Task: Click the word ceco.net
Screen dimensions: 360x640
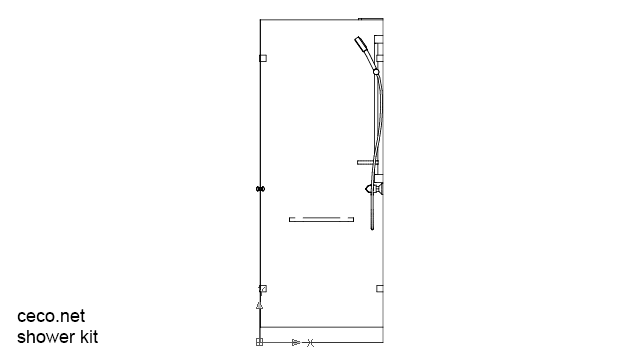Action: coord(51,316)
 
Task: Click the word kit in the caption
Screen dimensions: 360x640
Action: coord(88,337)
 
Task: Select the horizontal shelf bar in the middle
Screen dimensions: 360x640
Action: coord(321,218)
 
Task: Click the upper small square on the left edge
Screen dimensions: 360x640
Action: coord(263,59)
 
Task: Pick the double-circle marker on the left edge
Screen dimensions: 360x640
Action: coord(260,189)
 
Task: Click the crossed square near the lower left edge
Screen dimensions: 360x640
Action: coord(262,288)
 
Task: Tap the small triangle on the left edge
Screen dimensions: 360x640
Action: coord(259,303)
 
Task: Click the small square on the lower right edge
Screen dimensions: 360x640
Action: coord(380,288)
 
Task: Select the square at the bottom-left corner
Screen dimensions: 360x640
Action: coord(259,342)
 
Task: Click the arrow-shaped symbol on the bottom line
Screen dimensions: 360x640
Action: coord(295,342)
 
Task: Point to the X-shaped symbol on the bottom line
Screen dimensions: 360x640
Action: coord(310,342)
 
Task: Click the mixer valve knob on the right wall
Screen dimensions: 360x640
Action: coord(373,187)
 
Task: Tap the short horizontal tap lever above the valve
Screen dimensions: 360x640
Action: coord(366,161)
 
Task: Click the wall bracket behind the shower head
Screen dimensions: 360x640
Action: coord(379,50)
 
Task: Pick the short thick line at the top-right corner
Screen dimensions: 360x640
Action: coord(370,19)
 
